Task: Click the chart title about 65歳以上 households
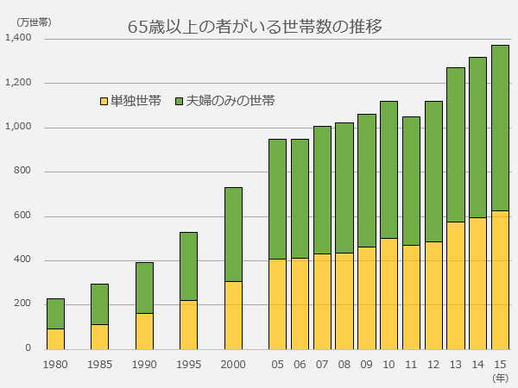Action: pyautogui.click(x=255, y=27)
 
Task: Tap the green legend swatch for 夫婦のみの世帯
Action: pyautogui.click(x=179, y=102)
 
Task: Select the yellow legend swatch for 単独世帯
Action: pyautogui.click(x=104, y=102)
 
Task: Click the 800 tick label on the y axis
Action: pyautogui.click(x=22, y=172)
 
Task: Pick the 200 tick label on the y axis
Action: pyautogui.click(x=22, y=304)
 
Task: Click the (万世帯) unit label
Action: pyautogui.click(x=33, y=22)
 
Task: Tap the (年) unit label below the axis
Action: pyautogui.click(x=500, y=378)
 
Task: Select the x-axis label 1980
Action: pyautogui.click(x=55, y=365)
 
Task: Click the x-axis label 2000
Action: pyautogui.click(x=233, y=365)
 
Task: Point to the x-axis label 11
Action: pyautogui.click(x=411, y=365)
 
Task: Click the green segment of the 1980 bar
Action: pyautogui.click(x=55, y=313)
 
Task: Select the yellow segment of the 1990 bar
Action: pyautogui.click(x=144, y=331)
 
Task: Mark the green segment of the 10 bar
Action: pyautogui.click(x=388, y=169)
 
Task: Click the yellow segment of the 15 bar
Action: pyautogui.click(x=500, y=279)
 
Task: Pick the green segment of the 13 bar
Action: pyautogui.click(x=455, y=144)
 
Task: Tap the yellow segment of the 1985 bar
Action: pyautogui.click(x=99, y=336)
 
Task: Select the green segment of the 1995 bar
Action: pyautogui.click(x=188, y=266)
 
